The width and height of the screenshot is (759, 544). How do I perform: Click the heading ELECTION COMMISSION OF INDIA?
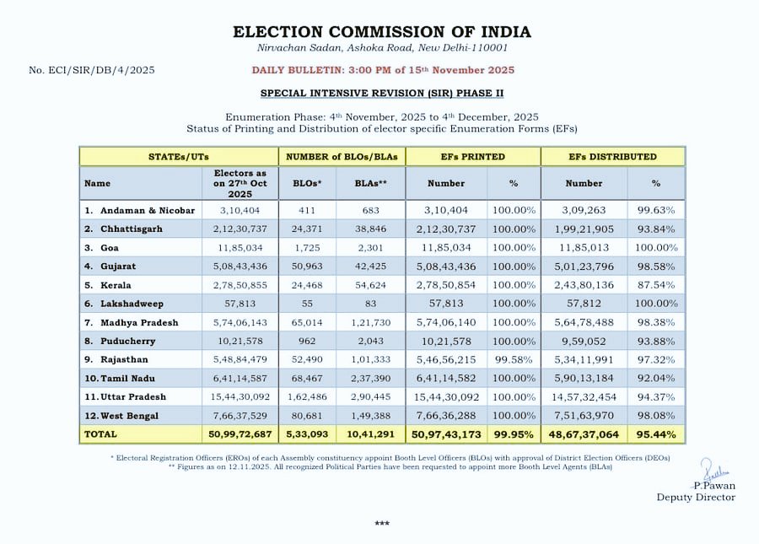382,32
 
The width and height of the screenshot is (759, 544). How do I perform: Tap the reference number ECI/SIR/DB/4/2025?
90,70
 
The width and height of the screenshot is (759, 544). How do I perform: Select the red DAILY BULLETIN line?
382,70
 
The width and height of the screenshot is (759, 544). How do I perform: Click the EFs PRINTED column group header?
472,156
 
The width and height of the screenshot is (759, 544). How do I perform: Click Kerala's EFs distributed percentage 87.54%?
656,284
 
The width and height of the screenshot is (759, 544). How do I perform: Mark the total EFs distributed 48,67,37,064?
584,434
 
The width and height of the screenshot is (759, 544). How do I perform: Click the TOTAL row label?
100,434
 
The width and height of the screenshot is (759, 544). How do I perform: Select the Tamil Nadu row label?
129,378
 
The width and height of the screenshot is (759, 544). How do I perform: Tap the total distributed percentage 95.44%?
656,434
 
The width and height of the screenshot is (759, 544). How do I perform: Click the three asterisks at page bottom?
382,524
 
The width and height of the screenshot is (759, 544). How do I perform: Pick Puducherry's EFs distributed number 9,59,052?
584,341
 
